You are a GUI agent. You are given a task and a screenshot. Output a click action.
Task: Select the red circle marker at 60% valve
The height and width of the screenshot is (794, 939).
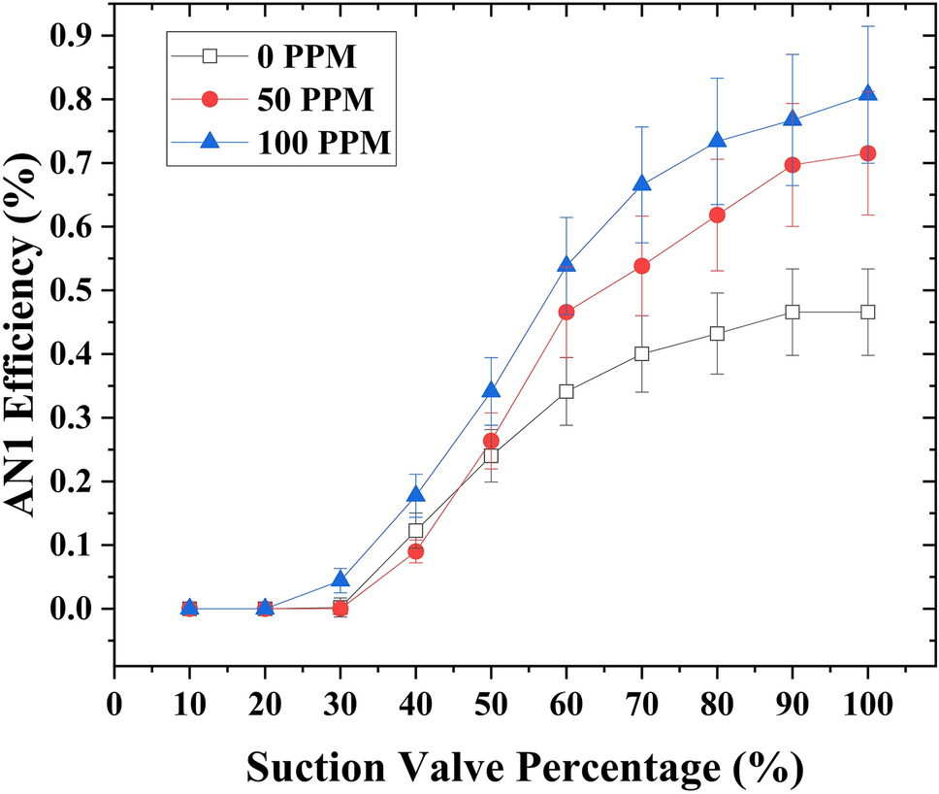pos(566,312)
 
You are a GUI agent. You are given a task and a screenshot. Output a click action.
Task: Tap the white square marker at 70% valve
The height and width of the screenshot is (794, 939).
pos(641,353)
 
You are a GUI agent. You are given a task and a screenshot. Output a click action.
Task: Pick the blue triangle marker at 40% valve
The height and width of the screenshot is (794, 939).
pos(415,495)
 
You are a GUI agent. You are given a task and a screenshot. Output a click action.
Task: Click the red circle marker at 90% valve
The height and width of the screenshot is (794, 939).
pos(792,165)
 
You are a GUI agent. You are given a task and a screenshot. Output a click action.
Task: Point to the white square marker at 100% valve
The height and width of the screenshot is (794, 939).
pos(867,312)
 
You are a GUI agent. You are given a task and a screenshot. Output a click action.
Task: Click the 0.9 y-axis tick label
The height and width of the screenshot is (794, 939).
pos(76,36)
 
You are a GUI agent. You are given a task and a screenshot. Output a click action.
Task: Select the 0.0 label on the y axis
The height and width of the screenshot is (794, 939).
pos(76,609)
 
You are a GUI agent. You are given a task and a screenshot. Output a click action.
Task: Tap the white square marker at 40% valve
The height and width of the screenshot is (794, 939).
pos(415,531)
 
